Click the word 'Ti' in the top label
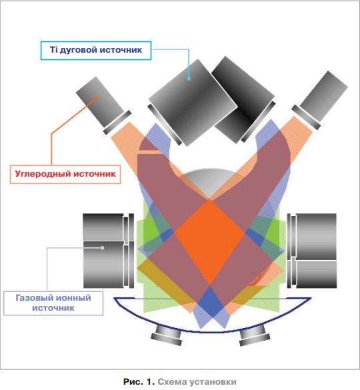tap(54, 50)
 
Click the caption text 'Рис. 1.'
tap(139, 381)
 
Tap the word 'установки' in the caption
tap(213, 381)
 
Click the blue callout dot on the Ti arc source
tap(189, 79)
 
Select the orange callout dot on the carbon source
tap(96, 99)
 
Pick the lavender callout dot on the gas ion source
tap(102, 248)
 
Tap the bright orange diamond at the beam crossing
tap(209, 243)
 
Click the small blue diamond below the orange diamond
tap(210, 301)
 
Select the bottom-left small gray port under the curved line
tap(167, 336)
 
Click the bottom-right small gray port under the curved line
tap(255, 336)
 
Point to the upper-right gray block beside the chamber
tap(316, 237)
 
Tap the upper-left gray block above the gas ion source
tap(103, 227)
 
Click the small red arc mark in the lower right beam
tap(255, 279)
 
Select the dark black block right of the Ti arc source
tap(243, 99)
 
